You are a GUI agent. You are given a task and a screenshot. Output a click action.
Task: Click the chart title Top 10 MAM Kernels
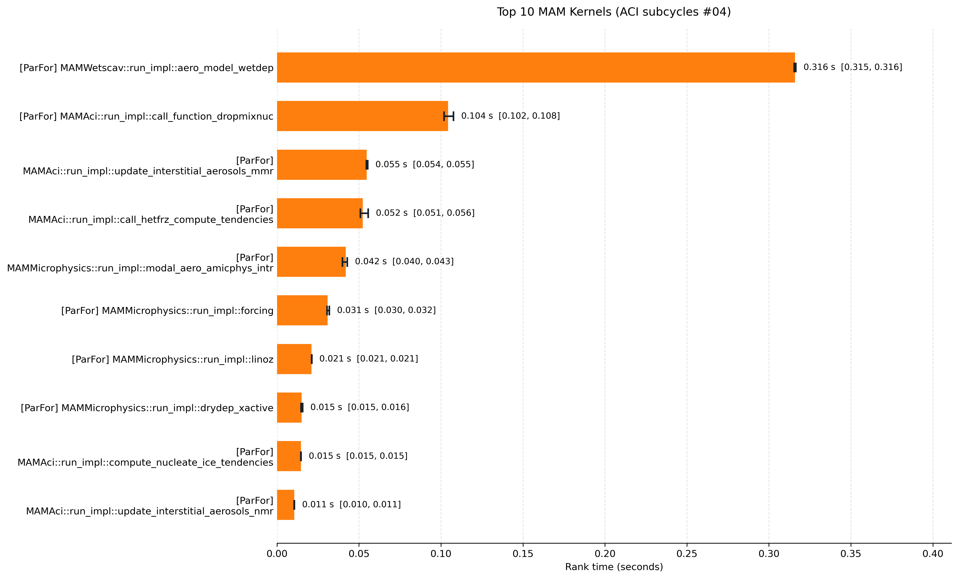coord(614,12)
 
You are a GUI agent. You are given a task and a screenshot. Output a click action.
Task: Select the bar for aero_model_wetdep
coord(536,67)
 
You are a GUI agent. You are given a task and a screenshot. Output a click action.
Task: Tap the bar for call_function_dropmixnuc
coord(362,116)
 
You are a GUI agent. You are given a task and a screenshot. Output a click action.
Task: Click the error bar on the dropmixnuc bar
coord(449,116)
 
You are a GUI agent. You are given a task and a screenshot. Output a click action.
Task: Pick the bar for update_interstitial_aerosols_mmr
coord(322,164)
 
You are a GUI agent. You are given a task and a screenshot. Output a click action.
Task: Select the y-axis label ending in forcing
coord(167,311)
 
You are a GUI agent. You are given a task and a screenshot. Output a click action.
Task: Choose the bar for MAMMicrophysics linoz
coord(294,359)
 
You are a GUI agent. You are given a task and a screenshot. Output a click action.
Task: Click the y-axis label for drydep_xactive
coord(147,408)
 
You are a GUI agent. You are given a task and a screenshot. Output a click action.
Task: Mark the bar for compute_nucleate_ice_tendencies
coord(289,456)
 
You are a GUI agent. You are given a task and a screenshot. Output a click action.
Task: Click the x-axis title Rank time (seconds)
coord(614,567)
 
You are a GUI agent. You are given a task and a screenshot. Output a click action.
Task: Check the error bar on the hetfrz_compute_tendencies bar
coord(364,213)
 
